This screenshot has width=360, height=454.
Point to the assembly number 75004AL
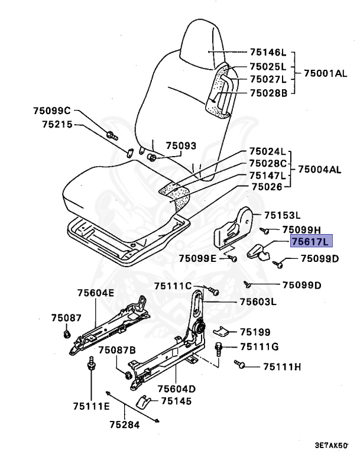coord(319,169)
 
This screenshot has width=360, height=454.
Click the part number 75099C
coord(52,111)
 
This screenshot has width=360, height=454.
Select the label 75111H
coord(281,367)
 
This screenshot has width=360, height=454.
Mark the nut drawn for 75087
coord(66,335)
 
